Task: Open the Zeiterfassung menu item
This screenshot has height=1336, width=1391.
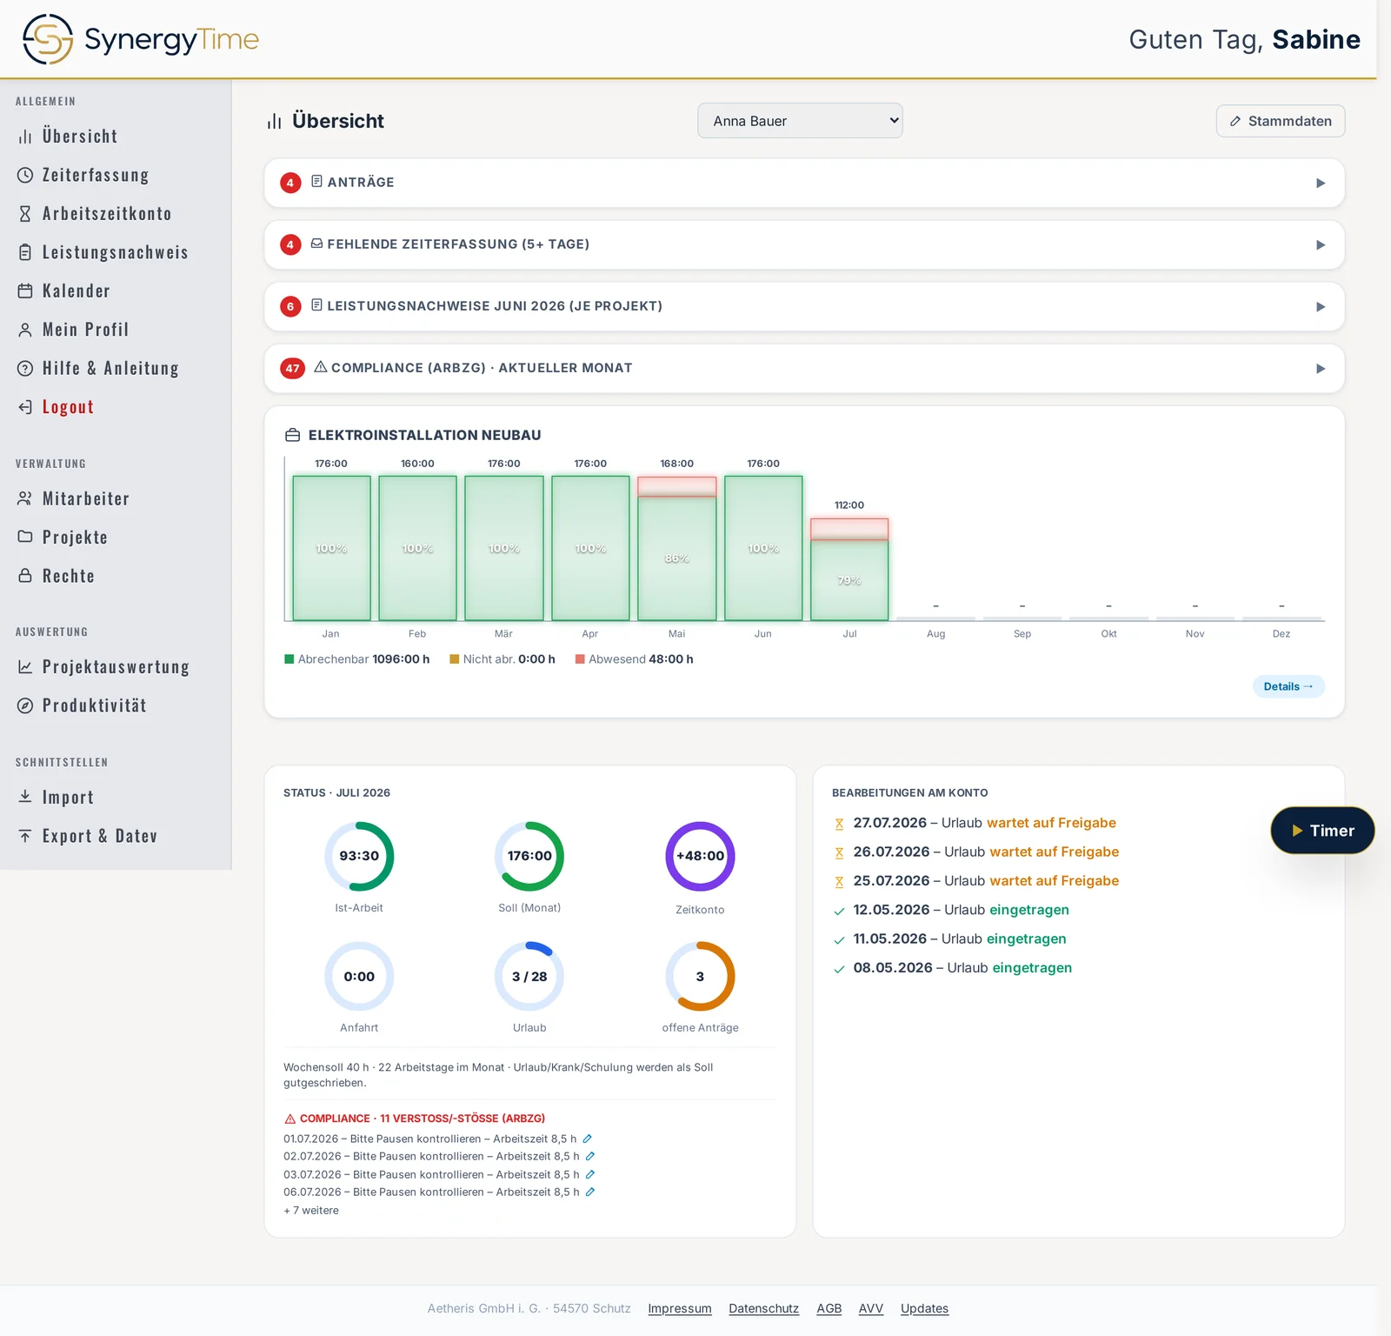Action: tap(96, 175)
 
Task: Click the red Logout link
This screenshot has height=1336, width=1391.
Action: tap(68, 407)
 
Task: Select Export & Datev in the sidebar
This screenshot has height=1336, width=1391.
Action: tap(100, 836)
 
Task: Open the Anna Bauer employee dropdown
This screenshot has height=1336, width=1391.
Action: tap(800, 121)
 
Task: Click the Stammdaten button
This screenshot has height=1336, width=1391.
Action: tap(1281, 121)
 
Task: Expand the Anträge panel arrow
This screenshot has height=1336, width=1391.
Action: tap(1321, 183)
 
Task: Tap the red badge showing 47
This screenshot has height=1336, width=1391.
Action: tap(292, 368)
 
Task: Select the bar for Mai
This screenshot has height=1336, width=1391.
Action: tap(676, 548)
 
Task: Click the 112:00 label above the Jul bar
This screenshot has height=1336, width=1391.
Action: tap(849, 505)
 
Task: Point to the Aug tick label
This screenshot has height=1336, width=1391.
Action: tap(935, 634)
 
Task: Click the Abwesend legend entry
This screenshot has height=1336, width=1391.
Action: tap(635, 659)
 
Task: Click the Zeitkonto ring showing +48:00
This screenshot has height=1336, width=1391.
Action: tap(701, 856)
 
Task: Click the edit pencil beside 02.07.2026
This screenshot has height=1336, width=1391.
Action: tap(590, 1156)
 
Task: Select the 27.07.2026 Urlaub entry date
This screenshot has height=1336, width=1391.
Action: tap(890, 823)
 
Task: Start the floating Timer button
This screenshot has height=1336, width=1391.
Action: tap(1322, 831)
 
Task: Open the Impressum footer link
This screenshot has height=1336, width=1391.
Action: tap(680, 1308)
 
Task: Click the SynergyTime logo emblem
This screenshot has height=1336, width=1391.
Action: tap(48, 39)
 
